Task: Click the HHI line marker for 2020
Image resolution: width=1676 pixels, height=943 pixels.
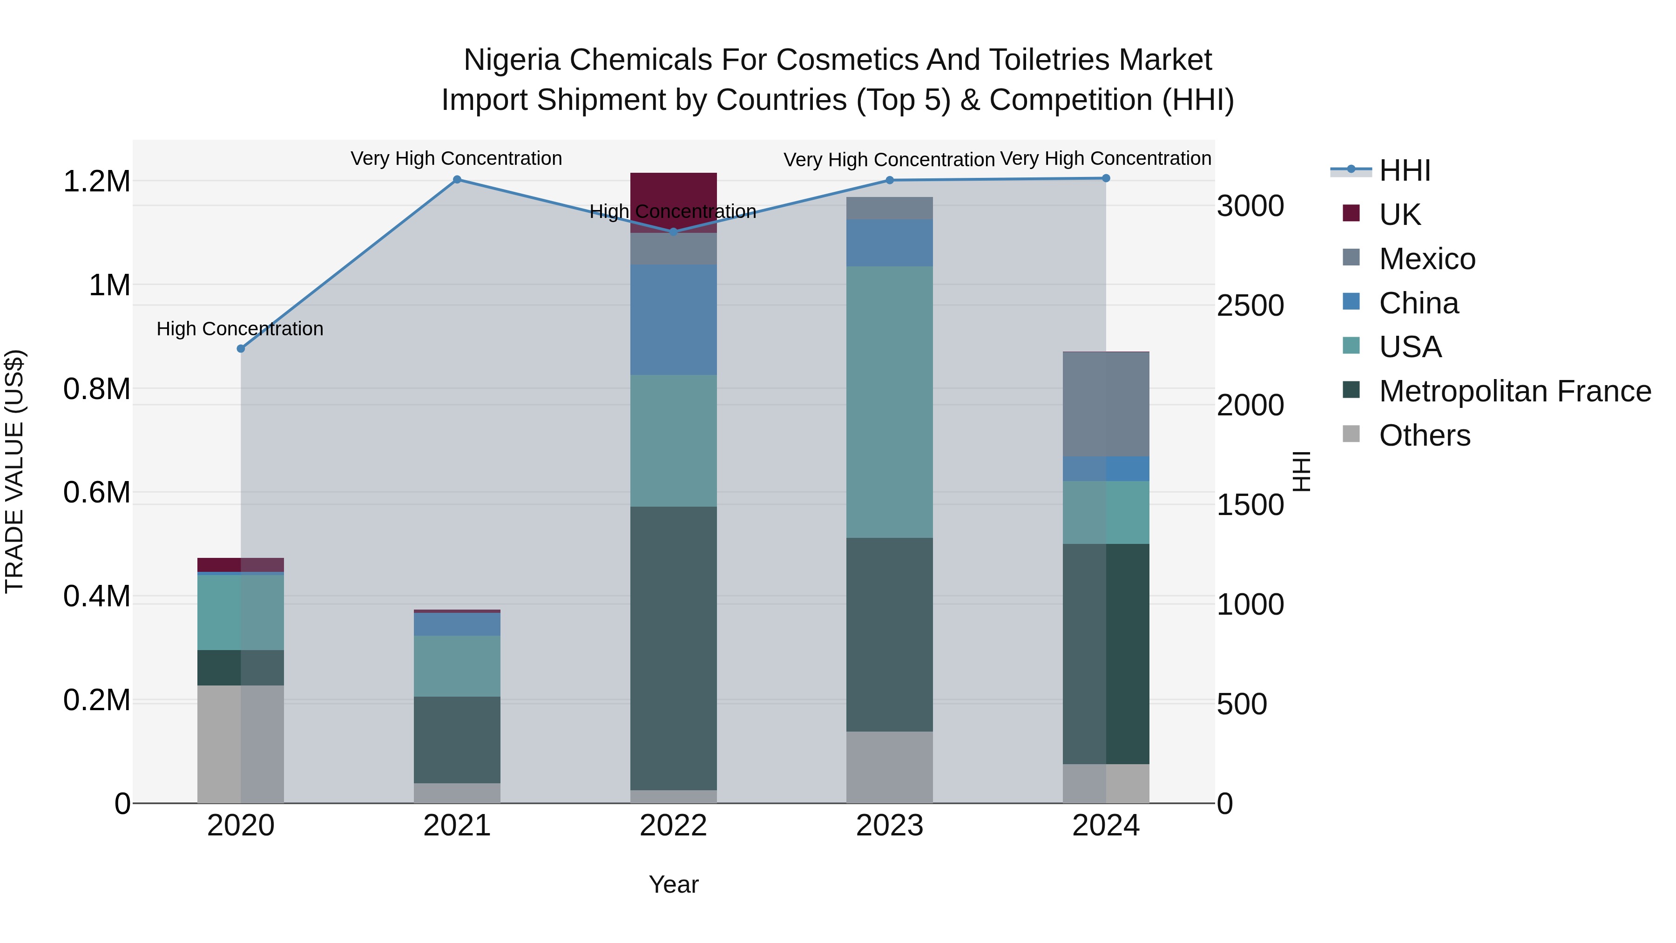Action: (241, 349)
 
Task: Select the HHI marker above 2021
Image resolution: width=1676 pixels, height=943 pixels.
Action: (457, 180)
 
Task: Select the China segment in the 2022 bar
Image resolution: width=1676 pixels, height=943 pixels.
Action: (673, 319)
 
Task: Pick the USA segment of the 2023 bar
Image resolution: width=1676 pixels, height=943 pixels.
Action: (889, 401)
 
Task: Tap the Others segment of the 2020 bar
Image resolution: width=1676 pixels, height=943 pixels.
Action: (241, 744)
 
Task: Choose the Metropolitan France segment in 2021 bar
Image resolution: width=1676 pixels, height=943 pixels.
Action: (457, 740)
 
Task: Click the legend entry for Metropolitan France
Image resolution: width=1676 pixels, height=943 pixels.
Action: (1514, 391)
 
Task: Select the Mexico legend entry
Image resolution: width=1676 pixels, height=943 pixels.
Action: (1427, 259)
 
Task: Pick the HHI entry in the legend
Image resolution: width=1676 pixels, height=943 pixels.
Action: (1404, 170)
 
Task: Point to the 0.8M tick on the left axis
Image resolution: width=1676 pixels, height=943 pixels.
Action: (96, 389)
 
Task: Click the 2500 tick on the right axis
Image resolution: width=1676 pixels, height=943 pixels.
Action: (1250, 306)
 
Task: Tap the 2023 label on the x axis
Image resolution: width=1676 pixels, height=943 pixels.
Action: (889, 826)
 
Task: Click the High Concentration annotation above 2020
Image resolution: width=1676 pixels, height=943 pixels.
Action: (240, 329)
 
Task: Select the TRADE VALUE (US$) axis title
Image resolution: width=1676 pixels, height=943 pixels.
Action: (14, 471)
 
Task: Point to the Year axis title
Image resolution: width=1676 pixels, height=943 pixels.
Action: (673, 884)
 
